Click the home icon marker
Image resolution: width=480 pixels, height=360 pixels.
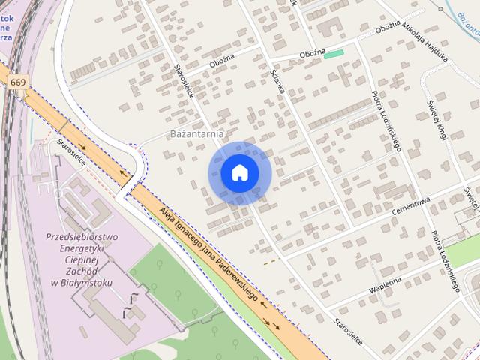pyautogui.click(x=240, y=172)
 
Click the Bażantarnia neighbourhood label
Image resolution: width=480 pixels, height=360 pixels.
pyautogui.click(x=196, y=134)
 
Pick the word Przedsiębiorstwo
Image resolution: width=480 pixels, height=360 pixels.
pyautogui.click(x=82, y=237)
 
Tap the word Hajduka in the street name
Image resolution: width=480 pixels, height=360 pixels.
pyautogui.click(x=436, y=52)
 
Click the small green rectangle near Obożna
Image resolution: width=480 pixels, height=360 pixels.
pyautogui.click(x=334, y=53)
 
